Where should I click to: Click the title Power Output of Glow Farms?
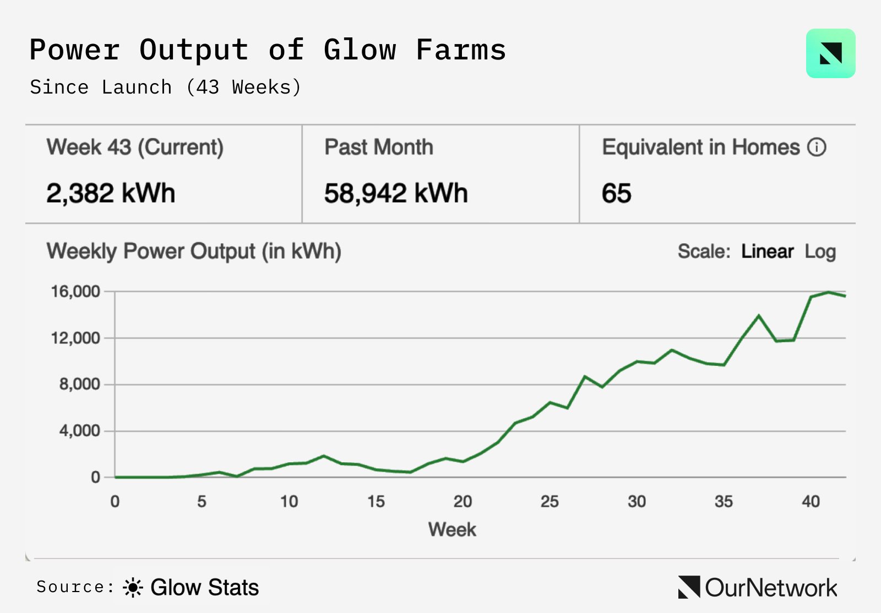coord(268,50)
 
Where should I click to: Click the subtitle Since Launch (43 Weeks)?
coord(165,87)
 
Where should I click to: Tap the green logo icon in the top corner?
coord(830,53)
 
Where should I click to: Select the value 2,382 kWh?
coord(111,194)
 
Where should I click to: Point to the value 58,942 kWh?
coord(396,194)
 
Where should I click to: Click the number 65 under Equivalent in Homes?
coord(616,194)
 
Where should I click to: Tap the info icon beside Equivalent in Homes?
coord(817,147)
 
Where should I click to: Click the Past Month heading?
coord(379,147)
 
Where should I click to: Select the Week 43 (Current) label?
coord(135,147)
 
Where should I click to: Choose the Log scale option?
coord(820,251)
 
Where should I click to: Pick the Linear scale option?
coord(767,251)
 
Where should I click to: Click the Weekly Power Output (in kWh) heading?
coord(194,251)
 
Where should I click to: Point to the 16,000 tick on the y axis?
coord(76,292)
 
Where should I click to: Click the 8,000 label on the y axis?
coord(80,384)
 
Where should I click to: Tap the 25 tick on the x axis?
coord(550,501)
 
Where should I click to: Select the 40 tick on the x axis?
coord(811,501)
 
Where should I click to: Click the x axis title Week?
coord(452,529)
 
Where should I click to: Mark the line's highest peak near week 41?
coord(828,292)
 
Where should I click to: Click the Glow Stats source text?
coord(204,588)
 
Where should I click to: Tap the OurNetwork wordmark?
coord(771,588)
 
